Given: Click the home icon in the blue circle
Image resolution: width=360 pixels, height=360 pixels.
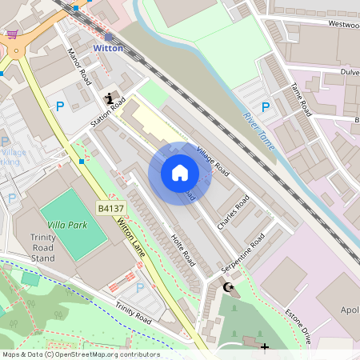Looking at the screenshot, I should [180, 173].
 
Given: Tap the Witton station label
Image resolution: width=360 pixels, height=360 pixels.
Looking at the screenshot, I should [109, 48].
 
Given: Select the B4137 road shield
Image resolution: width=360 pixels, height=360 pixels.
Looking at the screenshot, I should [110, 208].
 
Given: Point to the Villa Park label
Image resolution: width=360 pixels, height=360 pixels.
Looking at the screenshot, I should [66, 226].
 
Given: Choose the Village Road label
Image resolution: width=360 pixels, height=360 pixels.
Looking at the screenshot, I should [213, 162].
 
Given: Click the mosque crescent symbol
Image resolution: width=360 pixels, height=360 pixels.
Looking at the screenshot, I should [230, 286].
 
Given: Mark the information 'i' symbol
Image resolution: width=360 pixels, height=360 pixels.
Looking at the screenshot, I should [110, 98].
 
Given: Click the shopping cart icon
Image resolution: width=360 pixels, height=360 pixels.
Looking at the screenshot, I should [12, 34].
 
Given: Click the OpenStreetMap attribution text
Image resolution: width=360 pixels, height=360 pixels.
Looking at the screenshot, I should [80, 354].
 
